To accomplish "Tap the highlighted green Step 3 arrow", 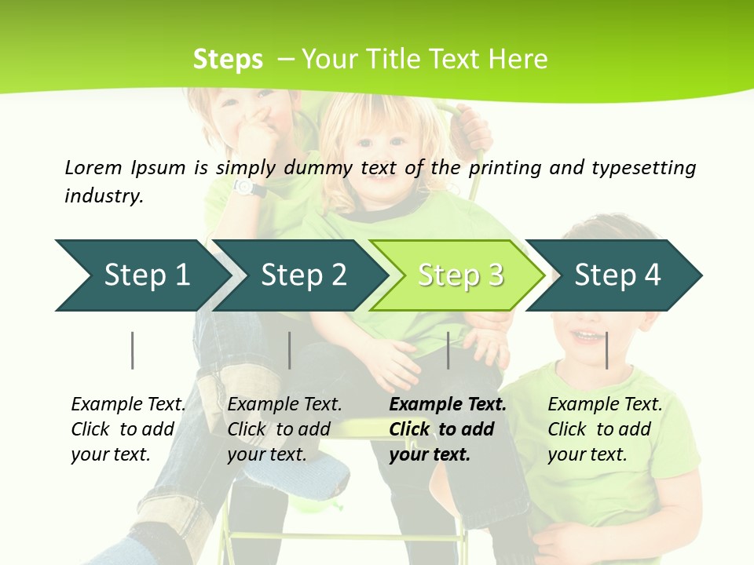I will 459,275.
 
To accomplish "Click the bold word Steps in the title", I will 228,60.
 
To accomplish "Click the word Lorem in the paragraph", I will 93,167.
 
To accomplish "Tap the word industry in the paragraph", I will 103,196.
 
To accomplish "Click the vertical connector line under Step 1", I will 133,350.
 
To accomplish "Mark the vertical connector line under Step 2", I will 290,350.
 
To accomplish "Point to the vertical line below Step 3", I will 448,350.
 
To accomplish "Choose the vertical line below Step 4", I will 607,350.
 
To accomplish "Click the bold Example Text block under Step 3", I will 447,429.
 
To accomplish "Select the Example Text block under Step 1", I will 128,429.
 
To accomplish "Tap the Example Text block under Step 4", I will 604,429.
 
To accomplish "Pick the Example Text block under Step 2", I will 284,429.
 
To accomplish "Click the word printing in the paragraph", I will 508,168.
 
